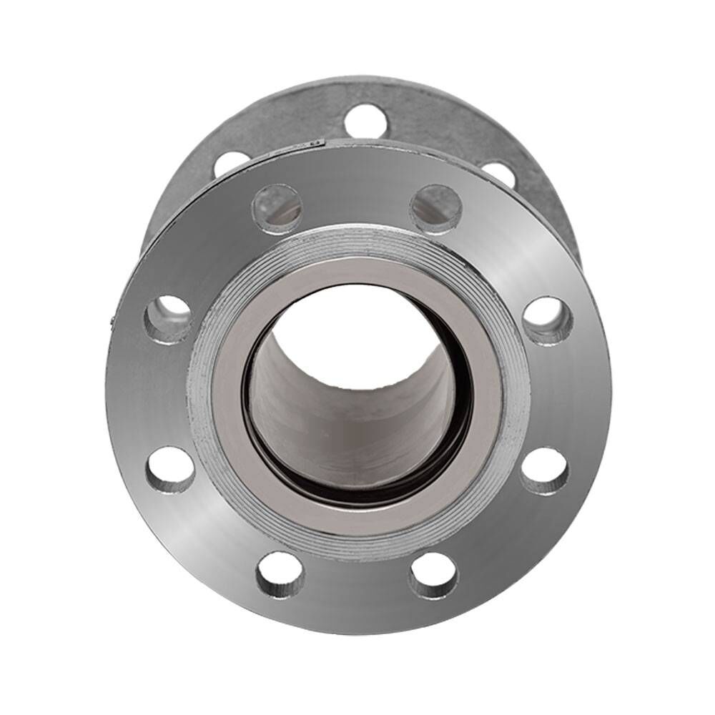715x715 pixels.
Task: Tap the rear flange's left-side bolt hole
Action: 230,163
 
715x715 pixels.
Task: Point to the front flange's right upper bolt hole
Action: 548,319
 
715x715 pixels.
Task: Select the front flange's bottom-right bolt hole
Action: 434,576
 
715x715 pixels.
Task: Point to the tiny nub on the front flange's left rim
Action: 110,322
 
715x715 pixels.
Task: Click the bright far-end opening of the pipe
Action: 357,329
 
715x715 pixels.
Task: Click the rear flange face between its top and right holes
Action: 443,129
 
